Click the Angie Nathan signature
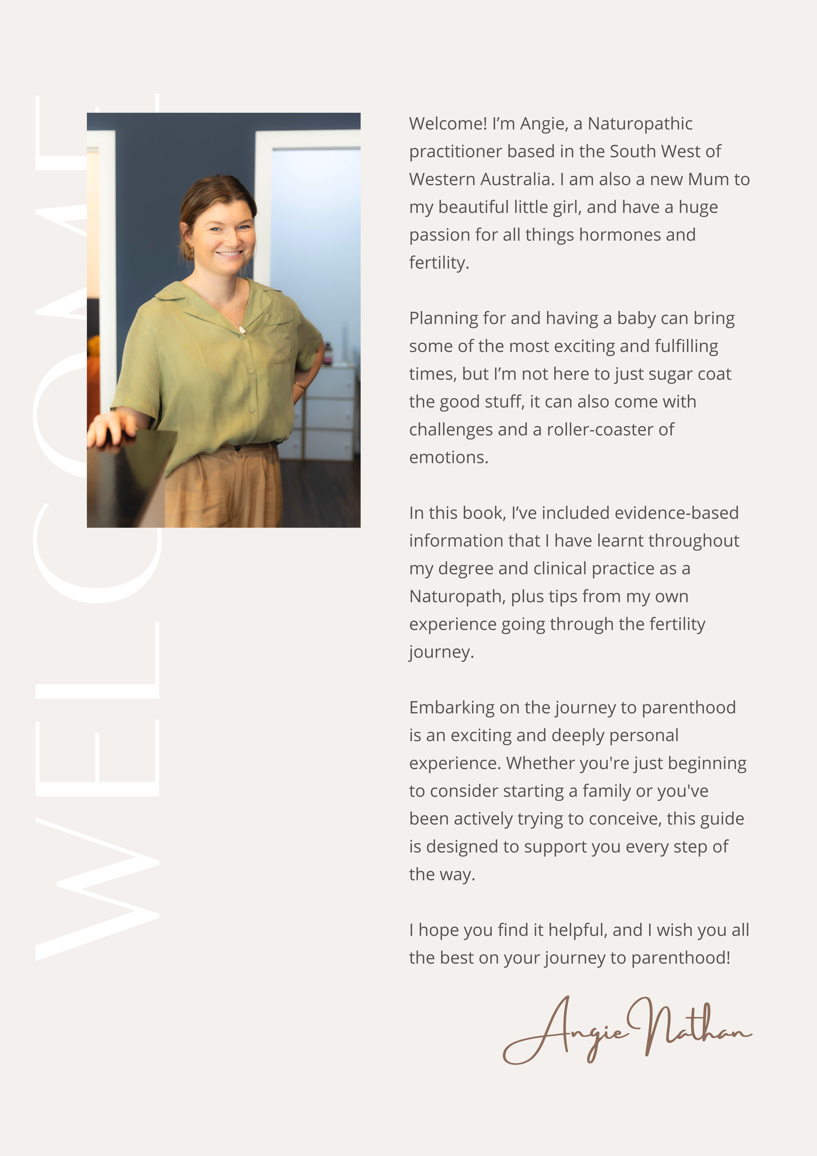click(x=627, y=1032)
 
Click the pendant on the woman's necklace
click(x=242, y=329)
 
